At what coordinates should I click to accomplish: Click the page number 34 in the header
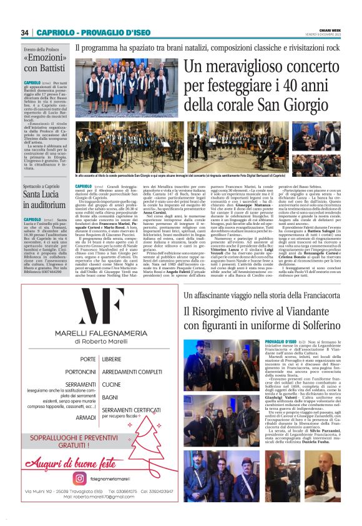click(x=25, y=32)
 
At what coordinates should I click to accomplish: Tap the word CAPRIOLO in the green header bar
click(x=56, y=32)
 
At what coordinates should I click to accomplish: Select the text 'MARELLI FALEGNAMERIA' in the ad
click(x=93, y=333)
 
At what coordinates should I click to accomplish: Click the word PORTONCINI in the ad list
click(x=81, y=372)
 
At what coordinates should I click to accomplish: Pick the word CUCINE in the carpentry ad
click(x=111, y=384)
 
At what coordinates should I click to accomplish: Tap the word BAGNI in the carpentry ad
click(x=109, y=397)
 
